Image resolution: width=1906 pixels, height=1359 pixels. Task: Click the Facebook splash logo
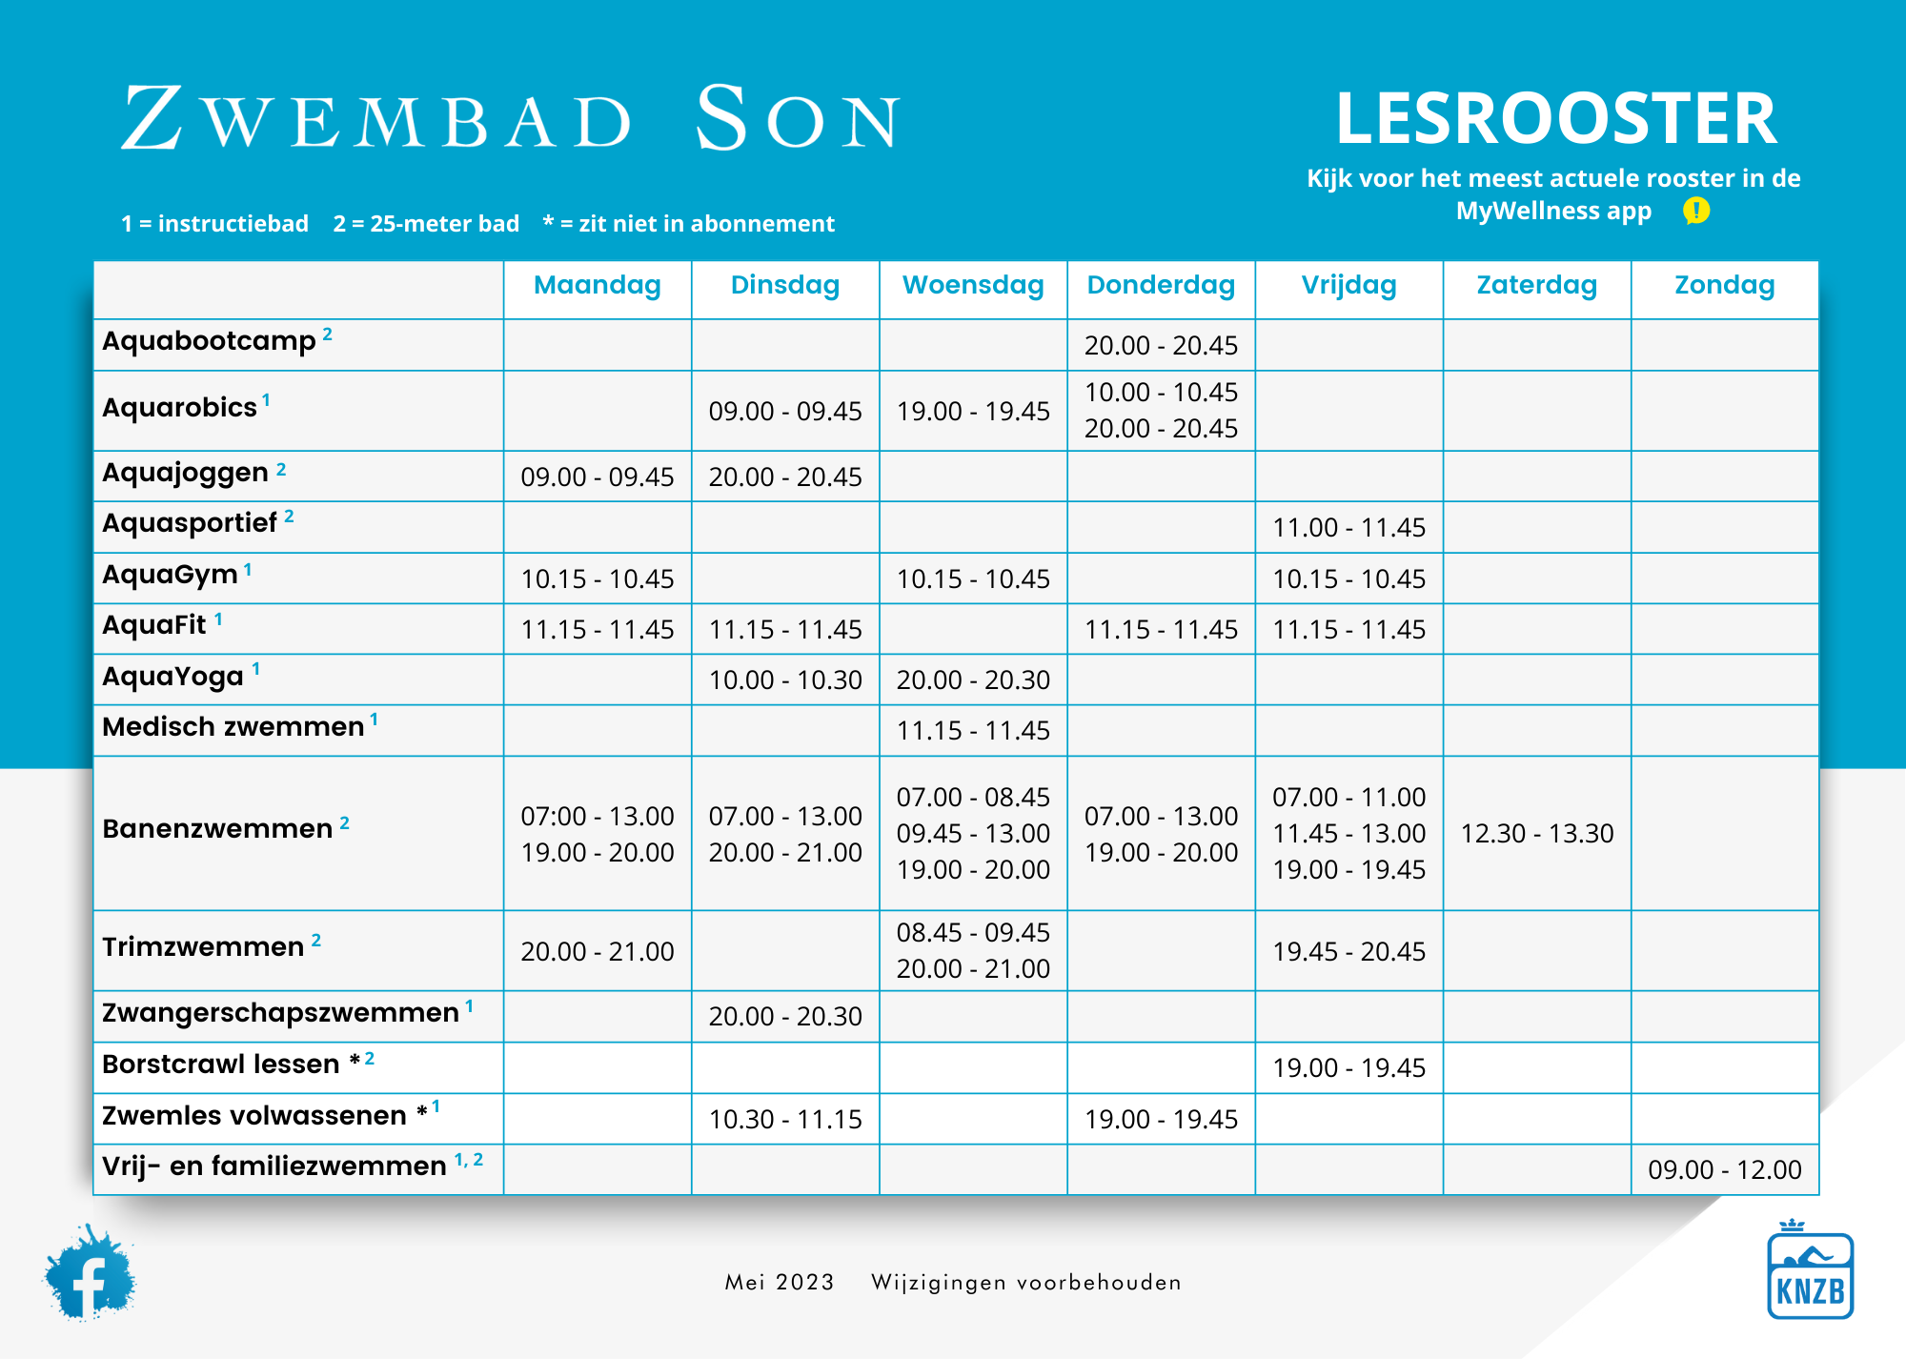(89, 1274)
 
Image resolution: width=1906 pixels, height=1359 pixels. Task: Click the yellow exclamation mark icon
(1695, 211)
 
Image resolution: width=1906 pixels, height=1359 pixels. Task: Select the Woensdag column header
(973, 285)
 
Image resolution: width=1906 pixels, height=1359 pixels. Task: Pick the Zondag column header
(1724, 285)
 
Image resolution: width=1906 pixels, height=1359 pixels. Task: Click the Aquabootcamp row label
(210, 341)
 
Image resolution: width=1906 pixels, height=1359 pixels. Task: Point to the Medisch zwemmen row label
(233, 727)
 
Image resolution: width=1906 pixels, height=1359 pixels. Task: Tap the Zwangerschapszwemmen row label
(280, 1013)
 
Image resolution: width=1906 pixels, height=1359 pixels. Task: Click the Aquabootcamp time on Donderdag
(1161, 345)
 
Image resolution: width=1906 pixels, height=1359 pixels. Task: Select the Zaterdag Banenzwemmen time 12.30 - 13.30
(1536, 834)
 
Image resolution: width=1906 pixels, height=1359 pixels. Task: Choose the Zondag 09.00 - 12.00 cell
(1724, 1169)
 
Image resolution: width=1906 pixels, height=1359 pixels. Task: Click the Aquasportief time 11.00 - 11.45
(1348, 528)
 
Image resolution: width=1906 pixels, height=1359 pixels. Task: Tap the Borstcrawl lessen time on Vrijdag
(1348, 1067)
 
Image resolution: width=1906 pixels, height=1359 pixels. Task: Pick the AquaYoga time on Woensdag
(973, 680)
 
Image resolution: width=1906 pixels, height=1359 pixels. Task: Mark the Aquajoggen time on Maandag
(597, 477)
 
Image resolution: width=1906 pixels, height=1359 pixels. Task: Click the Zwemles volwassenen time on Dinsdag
(785, 1119)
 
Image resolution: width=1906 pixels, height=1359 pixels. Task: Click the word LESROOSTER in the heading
(1555, 118)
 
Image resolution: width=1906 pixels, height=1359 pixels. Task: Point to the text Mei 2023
(779, 1283)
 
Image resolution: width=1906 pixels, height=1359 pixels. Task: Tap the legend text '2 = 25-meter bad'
(426, 224)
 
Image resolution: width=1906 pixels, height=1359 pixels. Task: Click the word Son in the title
(798, 118)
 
